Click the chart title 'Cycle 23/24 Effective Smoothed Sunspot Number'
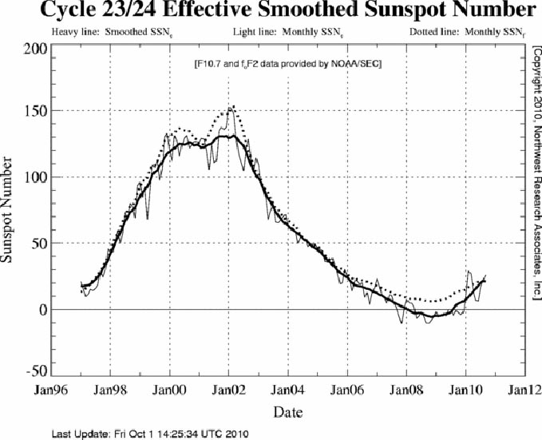[271, 11]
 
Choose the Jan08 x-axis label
[406, 391]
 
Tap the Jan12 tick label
[523, 391]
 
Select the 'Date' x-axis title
[288, 411]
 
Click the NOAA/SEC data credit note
[289, 63]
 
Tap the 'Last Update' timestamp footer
[151, 434]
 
